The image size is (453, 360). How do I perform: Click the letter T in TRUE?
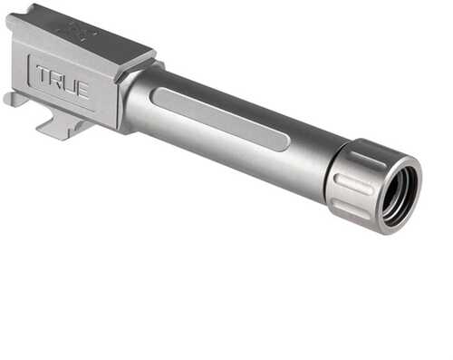coord(44,76)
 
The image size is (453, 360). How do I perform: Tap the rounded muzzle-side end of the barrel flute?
coord(284,143)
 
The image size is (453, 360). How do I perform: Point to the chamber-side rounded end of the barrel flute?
coord(158,95)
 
